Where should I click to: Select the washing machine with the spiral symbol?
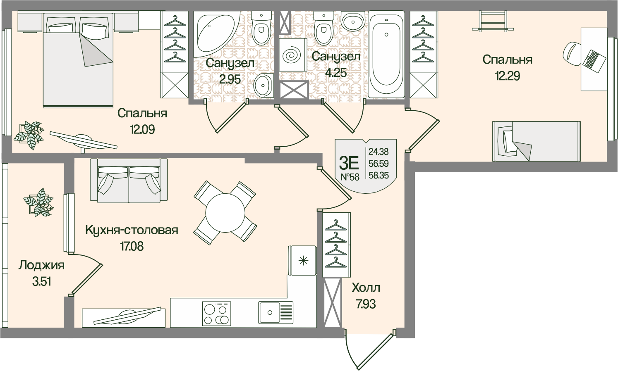[293, 55]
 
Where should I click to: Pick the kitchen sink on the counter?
[276, 312]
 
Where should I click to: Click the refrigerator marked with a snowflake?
[302, 260]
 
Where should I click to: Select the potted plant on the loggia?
[38, 202]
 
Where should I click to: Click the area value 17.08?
[132, 246]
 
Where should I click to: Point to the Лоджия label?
[42, 266]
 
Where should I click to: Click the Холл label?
[366, 288]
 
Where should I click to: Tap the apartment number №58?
[350, 177]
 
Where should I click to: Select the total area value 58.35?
[378, 175]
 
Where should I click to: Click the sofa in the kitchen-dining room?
[129, 181]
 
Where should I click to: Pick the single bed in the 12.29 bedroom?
[537, 141]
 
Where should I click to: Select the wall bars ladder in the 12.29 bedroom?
[493, 21]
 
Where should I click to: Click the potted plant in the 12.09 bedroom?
[29, 136]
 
